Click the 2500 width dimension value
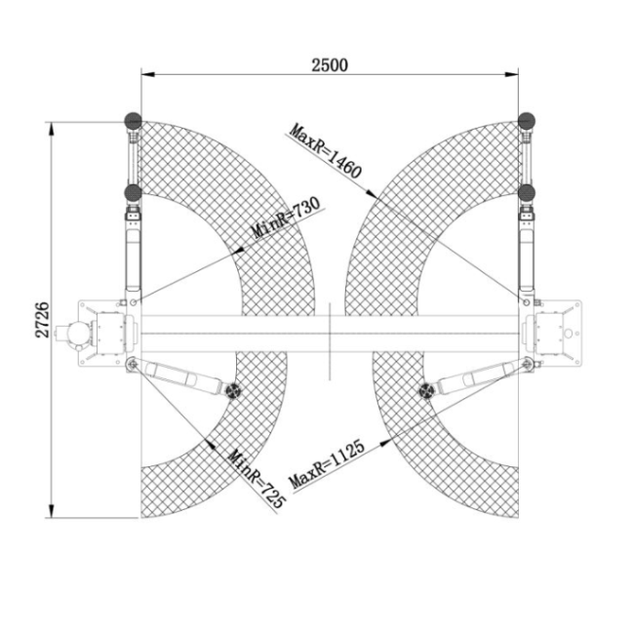pos(330,64)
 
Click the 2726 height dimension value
pos(42,319)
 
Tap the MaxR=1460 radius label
pos(325,150)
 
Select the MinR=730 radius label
pos(286,218)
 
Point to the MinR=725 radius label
pos(257,479)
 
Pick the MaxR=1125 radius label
pos(327,464)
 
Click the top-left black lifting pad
pos(133,121)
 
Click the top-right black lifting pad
pos(527,121)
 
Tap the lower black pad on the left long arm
pos(133,192)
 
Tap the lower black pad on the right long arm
pos(527,192)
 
